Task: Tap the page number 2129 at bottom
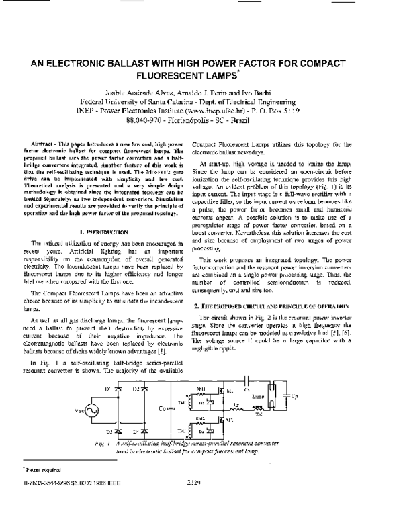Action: click(195, 500)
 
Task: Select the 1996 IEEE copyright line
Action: click(64, 500)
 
